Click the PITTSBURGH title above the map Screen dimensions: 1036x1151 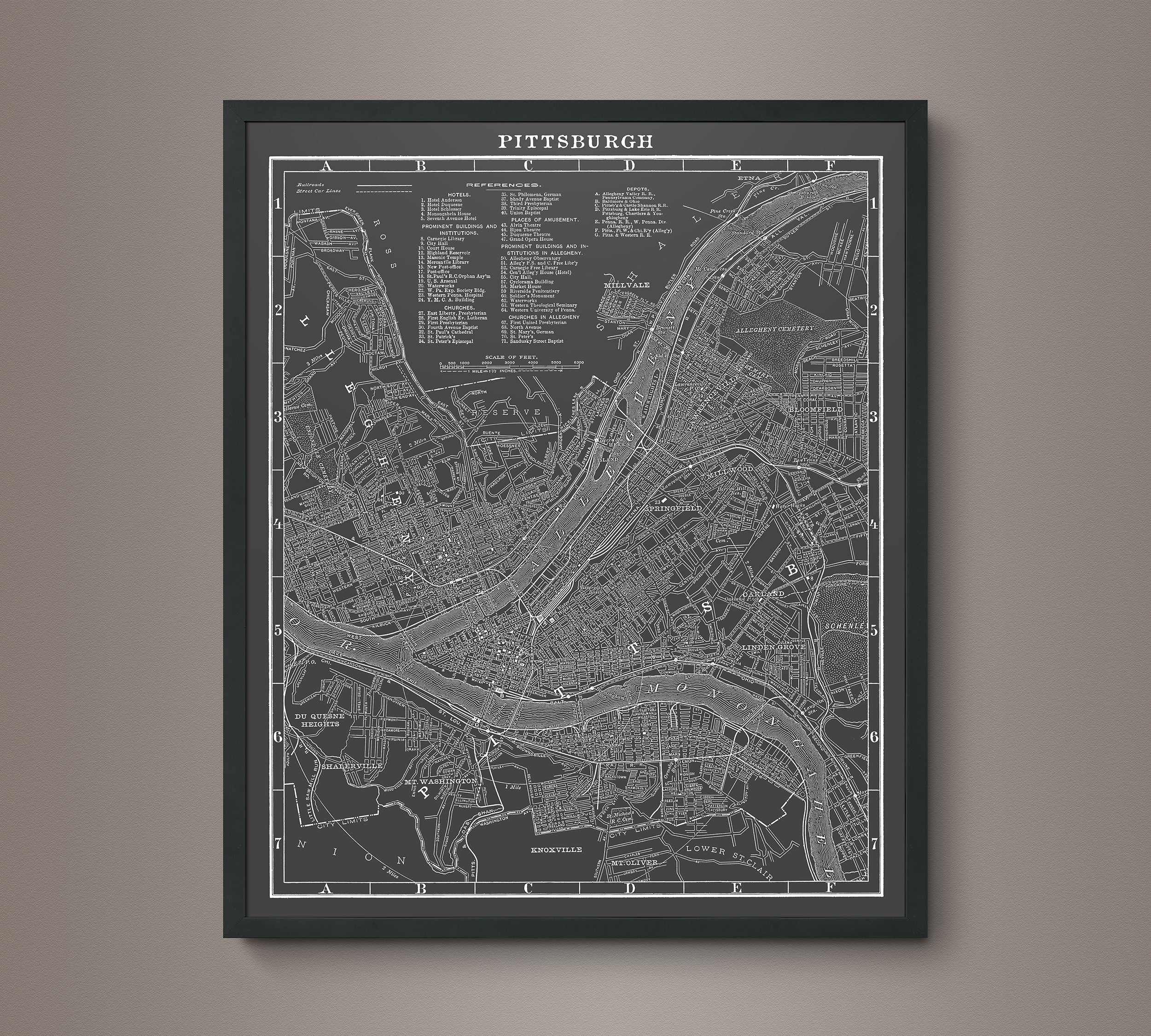(x=575, y=141)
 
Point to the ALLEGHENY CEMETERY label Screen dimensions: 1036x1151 (x=774, y=329)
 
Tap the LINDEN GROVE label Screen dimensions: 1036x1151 (x=773, y=648)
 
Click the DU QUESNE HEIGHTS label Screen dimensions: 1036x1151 (x=316, y=720)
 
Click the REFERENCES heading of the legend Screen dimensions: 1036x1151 (x=503, y=186)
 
